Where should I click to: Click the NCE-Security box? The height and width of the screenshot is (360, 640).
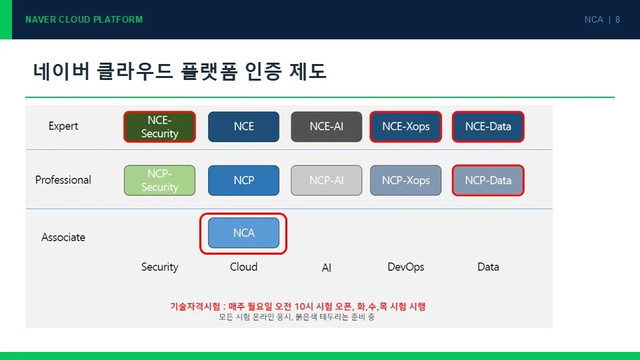159,127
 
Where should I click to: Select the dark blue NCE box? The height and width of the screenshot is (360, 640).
244,127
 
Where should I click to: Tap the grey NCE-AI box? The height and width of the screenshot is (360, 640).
327,127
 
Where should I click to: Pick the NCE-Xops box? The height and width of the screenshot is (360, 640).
406,127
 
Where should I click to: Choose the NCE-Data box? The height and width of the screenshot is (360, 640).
488,127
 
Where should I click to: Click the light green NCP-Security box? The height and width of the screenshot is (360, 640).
159,180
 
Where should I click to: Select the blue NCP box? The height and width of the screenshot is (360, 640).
244,180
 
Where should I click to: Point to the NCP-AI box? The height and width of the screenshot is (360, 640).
327,180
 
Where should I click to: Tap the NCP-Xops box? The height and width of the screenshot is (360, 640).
406,180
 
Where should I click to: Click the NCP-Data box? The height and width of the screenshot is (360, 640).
488,180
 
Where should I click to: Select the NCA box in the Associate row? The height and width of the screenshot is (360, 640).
244,233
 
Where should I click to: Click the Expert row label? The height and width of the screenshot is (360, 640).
63,126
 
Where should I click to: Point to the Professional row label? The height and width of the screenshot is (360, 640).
63,179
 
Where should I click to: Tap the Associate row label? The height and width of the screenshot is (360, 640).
63,237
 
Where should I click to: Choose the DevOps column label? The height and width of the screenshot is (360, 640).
406,267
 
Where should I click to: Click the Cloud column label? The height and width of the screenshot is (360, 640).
244,267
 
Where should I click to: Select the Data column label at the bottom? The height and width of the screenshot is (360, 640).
488,267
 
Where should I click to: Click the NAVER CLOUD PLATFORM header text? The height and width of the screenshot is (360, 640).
84,19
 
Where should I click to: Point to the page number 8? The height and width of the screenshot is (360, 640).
617,19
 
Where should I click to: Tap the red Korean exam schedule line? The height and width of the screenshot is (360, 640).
298,306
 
